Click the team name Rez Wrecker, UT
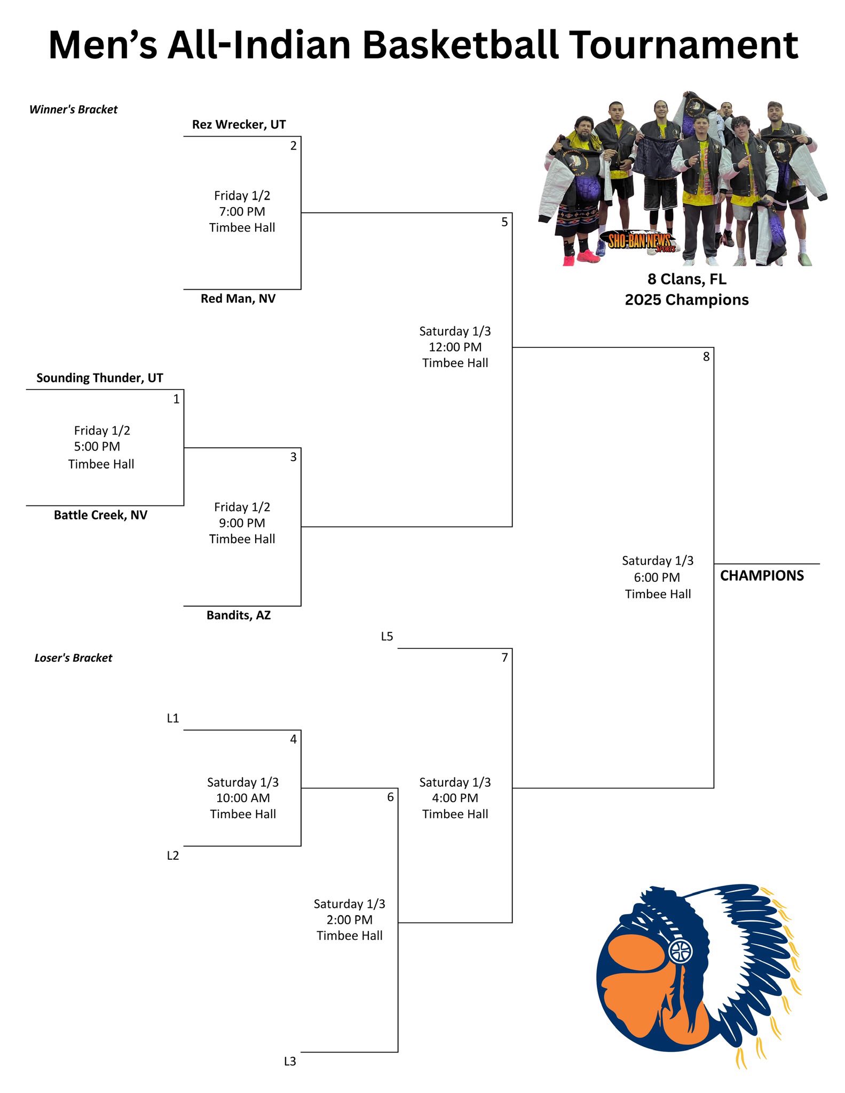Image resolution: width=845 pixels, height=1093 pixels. (239, 125)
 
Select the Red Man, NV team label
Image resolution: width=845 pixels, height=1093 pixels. (238, 299)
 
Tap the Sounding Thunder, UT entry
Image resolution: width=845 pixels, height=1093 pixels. (100, 378)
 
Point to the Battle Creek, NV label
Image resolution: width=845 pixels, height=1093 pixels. (100, 516)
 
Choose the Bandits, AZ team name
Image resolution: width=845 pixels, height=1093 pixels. (239, 615)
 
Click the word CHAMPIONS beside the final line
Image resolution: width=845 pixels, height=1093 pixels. (762, 576)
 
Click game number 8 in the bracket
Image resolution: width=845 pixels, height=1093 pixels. (706, 357)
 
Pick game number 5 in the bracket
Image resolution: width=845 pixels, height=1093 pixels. (504, 223)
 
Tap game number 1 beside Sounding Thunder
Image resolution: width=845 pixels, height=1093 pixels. (176, 399)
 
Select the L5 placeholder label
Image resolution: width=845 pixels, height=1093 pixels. (387, 637)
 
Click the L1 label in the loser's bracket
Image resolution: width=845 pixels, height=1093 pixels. (173, 719)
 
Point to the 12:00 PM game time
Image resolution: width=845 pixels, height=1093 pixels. (455, 347)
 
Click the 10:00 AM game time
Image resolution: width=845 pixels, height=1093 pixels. (243, 798)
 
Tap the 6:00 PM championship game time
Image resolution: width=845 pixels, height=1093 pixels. (657, 577)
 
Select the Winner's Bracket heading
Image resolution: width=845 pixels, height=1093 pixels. (74, 110)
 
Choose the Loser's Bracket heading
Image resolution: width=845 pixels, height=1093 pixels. (74, 658)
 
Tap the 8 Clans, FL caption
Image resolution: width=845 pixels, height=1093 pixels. (687, 280)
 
